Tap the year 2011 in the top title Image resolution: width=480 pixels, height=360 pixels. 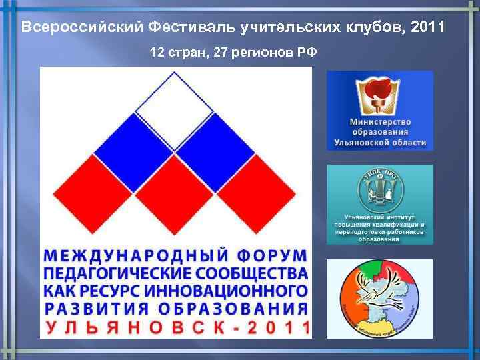(427, 28)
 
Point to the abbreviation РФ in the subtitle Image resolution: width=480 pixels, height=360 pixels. (307, 53)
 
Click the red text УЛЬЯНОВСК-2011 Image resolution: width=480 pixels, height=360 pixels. (177, 327)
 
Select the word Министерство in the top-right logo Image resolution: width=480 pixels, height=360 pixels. (380, 123)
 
